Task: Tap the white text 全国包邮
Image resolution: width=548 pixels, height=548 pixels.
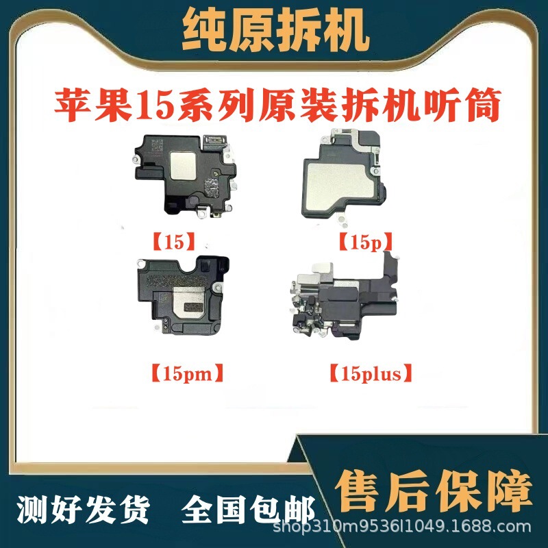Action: pos(249,510)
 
